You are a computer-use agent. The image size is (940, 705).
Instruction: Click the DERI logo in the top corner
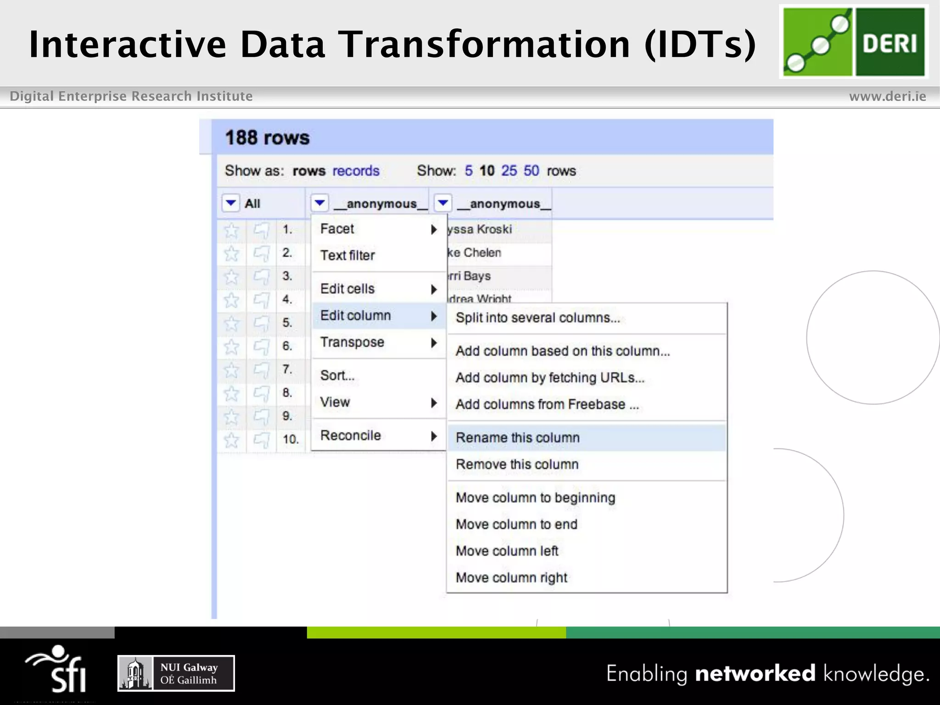[x=854, y=41]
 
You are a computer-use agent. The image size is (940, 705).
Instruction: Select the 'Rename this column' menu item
[x=517, y=437]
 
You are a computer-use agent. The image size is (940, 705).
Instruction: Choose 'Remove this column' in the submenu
[x=517, y=464]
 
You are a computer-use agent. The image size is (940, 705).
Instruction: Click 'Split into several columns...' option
[x=537, y=318]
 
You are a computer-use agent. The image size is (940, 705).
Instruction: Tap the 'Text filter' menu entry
[x=347, y=255]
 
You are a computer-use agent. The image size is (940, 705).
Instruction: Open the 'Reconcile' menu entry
[x=351, y=435]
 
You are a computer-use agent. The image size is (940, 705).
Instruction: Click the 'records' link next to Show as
[x=356, y=171]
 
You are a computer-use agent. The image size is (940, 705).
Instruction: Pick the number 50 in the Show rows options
[x=531, y=171]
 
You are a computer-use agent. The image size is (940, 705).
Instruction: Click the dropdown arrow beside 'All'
[x=231, y=202]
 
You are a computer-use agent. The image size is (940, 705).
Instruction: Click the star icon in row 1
[x=231, y=229]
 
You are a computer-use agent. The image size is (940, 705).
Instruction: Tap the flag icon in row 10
[x=262, y=440]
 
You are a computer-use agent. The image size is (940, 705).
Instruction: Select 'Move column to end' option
[x=516, y=524]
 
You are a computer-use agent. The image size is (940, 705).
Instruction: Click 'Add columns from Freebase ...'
[x=547, y=404]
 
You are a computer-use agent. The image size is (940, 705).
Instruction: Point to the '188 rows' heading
[x=267, y=138]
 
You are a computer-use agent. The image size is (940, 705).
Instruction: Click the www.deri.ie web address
[x=887, y=96]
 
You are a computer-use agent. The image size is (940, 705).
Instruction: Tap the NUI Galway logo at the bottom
[x=176, y=673]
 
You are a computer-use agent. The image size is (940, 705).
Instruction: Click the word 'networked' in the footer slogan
[x=755, y=673]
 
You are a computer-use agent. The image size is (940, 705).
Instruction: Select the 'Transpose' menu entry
[x=352, y=342]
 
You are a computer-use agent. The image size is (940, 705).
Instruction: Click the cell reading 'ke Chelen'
[x=475, y=252]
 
